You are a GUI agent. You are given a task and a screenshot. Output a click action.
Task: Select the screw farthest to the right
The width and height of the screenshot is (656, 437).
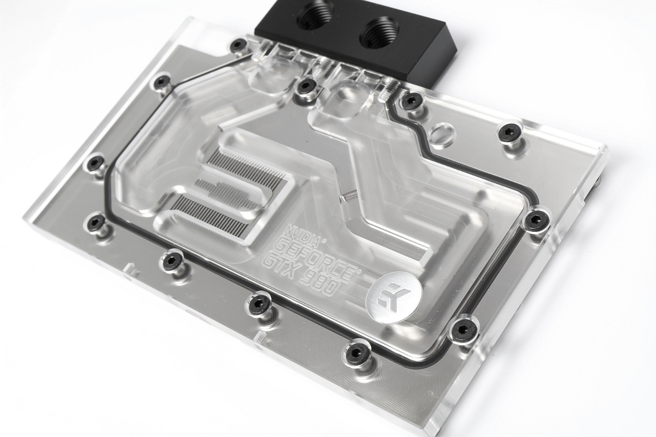536,219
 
